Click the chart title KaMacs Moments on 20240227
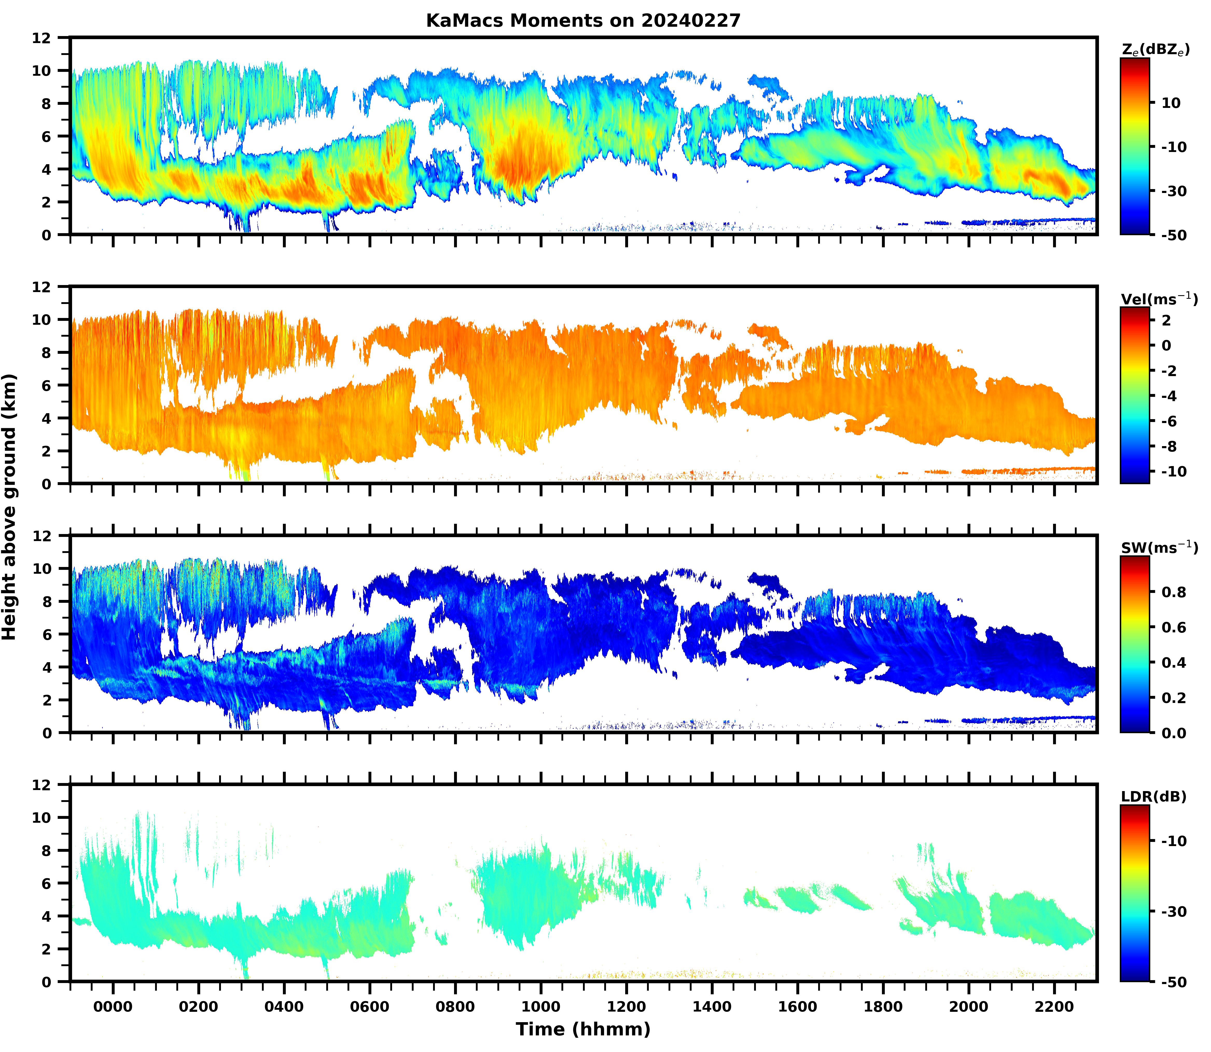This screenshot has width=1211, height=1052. point(583,20)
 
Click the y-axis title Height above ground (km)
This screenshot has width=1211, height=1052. point(9,507)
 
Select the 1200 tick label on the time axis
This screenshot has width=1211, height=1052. point(626,1007)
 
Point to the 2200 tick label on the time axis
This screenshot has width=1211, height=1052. point(1054,1007)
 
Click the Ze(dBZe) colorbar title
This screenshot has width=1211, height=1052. point(1155,50)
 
